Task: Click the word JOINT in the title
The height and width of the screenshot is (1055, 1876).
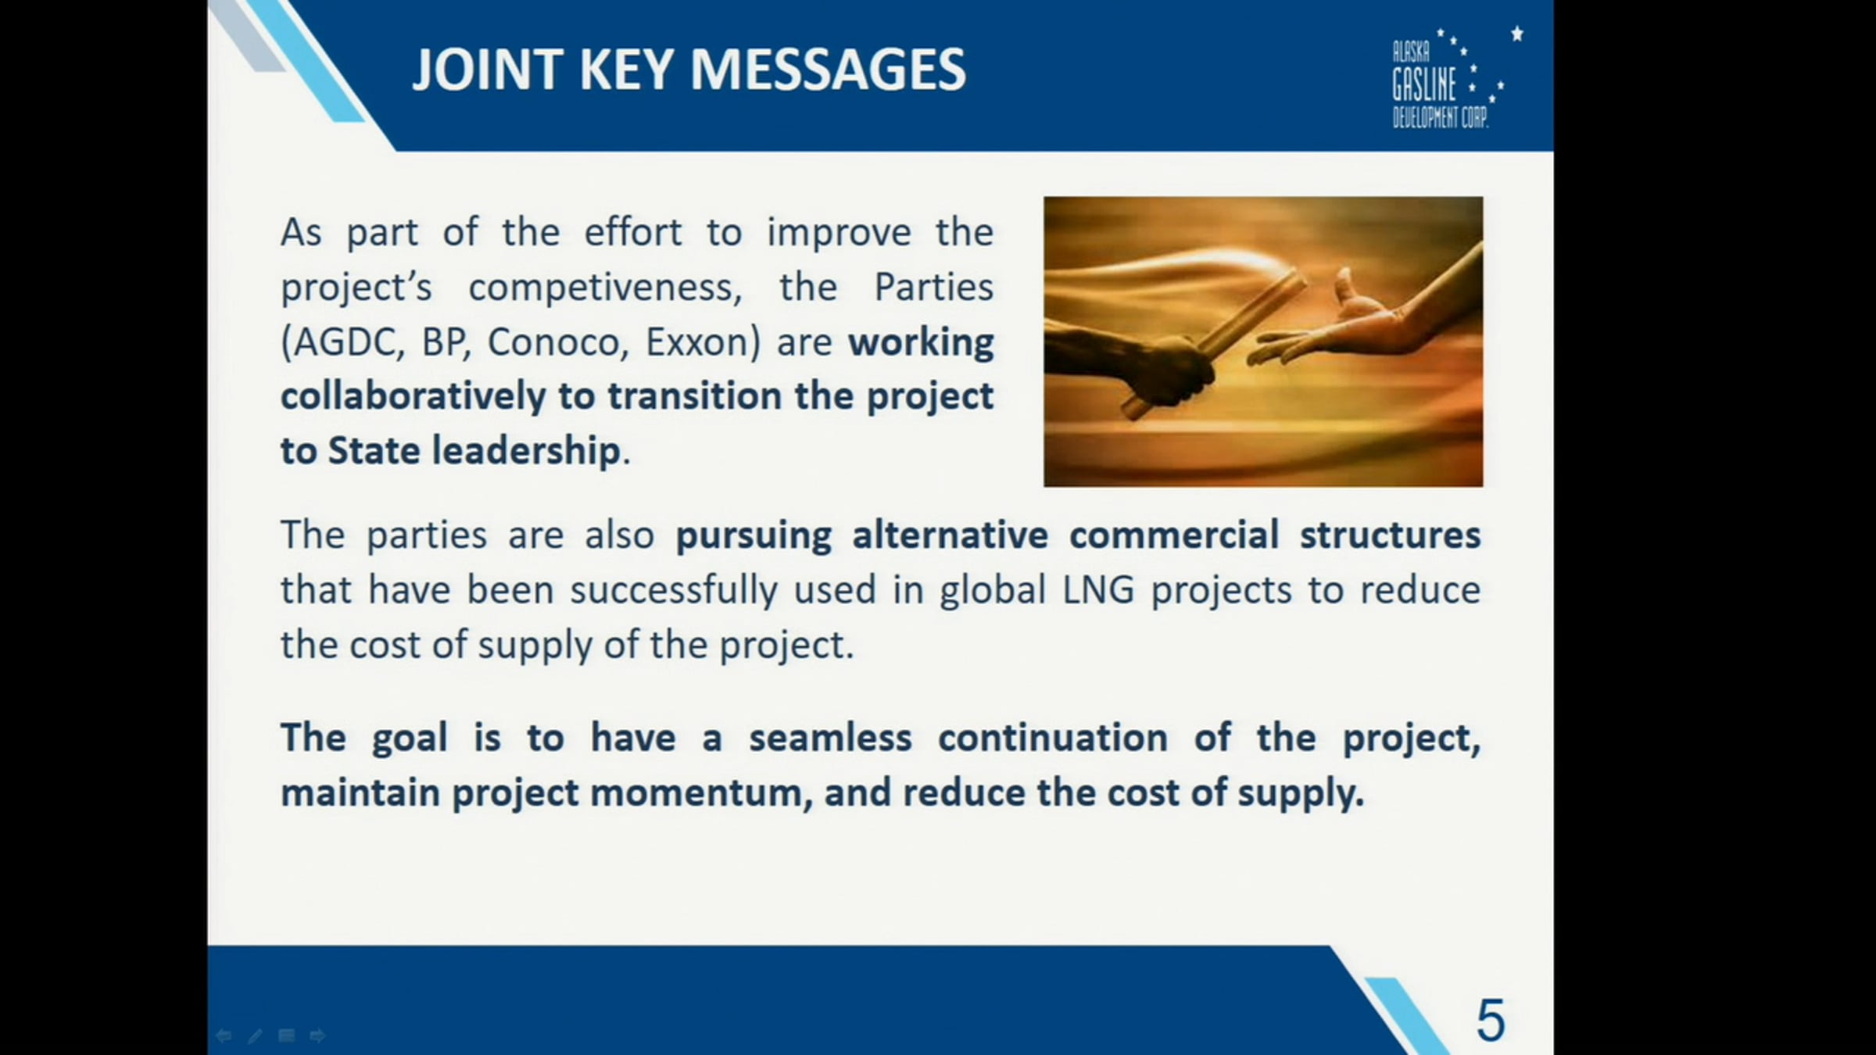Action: [x=488, y=70]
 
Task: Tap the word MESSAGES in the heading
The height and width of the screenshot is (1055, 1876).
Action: [x=828, y=70]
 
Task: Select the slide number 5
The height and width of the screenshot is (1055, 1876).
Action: [x=1490, y=1020]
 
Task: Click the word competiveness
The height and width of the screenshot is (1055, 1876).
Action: [x=605, y=288]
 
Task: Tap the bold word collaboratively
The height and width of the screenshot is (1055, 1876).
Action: [x=413, y=396]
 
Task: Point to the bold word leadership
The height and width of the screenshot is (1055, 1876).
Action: [x=527, y=452]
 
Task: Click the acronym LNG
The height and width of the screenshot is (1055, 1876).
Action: [x=1098, y=590]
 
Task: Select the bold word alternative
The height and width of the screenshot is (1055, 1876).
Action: [x=950, y=535]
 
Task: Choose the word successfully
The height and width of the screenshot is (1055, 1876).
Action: [x=674, y=591]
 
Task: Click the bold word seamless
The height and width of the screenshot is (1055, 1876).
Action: [x=830, y=738]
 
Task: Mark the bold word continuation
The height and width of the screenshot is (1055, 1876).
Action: [x=1053, y=738]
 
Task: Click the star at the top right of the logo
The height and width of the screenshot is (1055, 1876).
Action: [x=1517, y=34]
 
